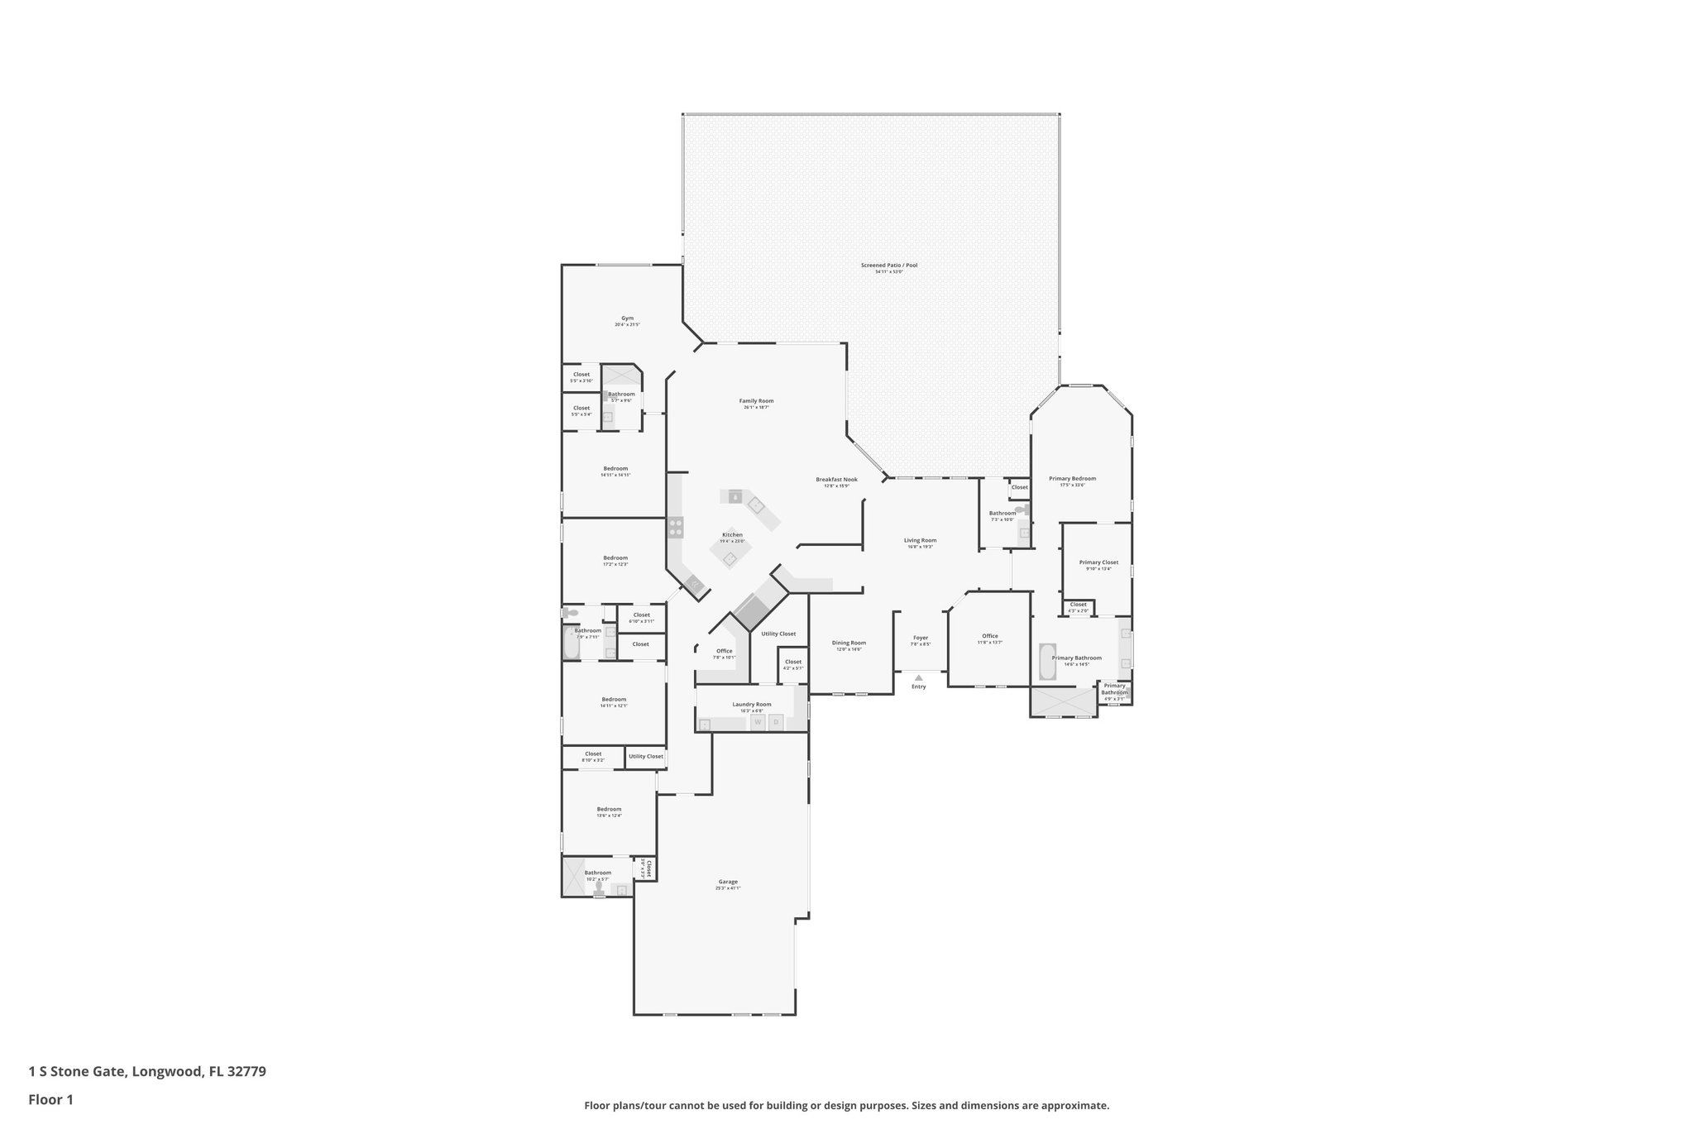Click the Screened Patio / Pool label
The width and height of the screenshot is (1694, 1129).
(x=888, y=266)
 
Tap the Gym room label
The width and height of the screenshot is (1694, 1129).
(x=627, y=318)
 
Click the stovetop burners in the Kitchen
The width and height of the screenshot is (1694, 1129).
(x=676, y=527)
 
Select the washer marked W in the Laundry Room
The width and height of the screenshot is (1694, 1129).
(x=757, y=722)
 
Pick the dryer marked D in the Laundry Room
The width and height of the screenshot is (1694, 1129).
(x=776, y=722)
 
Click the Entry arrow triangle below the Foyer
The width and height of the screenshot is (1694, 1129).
(x=918, y=677)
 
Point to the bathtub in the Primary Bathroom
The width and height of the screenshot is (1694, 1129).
(x=1047, y=662)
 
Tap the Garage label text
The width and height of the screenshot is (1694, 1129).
(x=727, y=882)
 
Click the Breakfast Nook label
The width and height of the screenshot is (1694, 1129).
(x=836, y=480)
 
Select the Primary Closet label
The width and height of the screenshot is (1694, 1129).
(x=1098, y=562)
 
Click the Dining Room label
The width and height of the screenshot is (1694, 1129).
(x=849, y=643)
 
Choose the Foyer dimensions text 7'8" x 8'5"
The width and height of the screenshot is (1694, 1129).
(x=921, y=644)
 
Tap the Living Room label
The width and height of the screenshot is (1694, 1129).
(x=920, y=540)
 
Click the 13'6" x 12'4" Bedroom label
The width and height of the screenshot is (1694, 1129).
(x=609, y=810)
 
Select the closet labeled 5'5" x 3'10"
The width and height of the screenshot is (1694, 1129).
(x=581, y=375)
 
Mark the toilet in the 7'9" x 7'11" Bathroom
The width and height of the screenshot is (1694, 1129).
(x=572, y=614)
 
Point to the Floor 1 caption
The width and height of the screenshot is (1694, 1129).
(x=51, y=1100)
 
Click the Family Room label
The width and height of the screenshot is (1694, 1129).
(x=756, y=401)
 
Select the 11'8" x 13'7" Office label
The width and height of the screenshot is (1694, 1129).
(x=990, y=636)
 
